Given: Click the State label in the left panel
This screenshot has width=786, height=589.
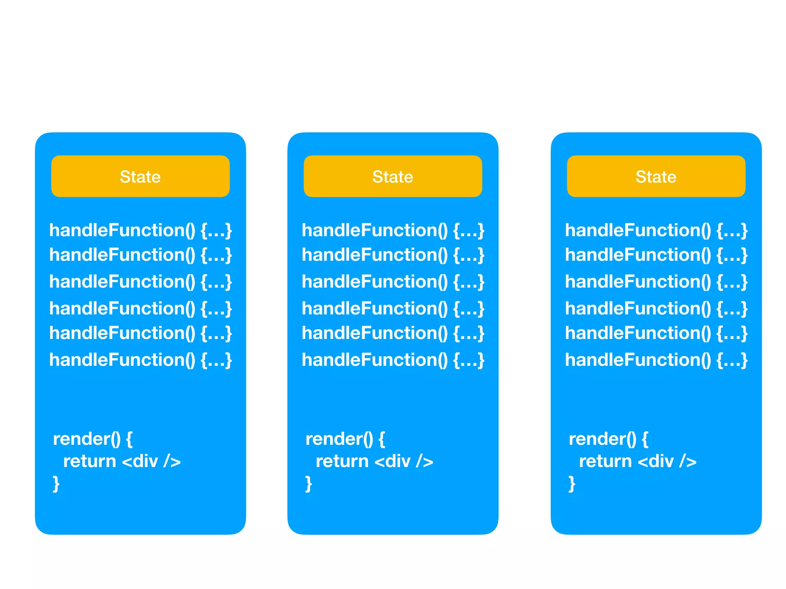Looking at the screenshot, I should point(140,177).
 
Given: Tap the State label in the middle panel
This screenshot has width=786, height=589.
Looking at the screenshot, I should point(393,177).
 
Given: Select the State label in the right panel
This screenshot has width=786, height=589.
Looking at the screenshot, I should point(656,177).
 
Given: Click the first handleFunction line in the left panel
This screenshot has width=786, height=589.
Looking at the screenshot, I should point(140,230).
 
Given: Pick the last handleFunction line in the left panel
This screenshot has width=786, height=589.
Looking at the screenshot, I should point(140,360).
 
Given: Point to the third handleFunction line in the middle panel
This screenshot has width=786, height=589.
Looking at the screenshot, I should point(393,282).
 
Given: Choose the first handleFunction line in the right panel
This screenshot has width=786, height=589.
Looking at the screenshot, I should point(656,230).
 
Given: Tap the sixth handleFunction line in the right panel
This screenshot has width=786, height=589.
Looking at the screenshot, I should point(656,360).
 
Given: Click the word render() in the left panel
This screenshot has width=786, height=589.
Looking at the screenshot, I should point(87,439).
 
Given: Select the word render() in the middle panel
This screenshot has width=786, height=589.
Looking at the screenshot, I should point(339,439).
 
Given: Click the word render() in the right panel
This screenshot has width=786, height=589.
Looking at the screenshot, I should point(603,439).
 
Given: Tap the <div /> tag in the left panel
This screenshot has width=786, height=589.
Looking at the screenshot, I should point(151,461).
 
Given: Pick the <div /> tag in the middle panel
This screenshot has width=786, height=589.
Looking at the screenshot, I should point(404,461).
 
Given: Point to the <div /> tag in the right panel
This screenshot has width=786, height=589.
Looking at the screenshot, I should point(667,461).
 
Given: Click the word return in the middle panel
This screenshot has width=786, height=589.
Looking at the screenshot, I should point(342,461).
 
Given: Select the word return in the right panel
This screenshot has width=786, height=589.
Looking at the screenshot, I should point(605,461).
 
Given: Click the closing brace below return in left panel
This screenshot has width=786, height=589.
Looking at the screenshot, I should point(56,484).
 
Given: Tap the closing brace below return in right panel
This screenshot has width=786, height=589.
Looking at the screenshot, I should point(572,484).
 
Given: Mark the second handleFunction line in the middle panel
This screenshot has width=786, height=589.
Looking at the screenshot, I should point(393,255).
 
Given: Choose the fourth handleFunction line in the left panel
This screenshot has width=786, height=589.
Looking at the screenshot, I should point(140,309).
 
